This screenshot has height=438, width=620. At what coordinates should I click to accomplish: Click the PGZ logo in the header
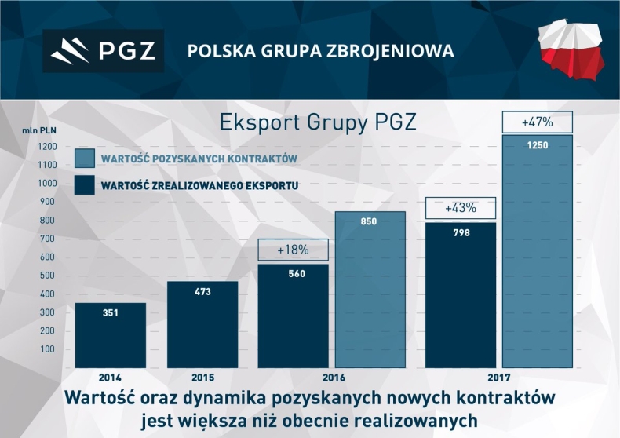tap(103, 51)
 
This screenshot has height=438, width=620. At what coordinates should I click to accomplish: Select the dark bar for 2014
tap(110, 335)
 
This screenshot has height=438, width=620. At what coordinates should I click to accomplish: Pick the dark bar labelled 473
tap(202, 324)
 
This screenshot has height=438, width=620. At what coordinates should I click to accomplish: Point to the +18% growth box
tap(293, 250)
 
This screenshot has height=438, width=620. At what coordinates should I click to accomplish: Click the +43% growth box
tap(461, 209)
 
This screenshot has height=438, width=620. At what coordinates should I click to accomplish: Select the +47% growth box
tap(538, 122)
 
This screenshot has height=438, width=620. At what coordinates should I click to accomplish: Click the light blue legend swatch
tap(85, 159)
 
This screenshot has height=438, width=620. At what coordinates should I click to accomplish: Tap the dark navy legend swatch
tap(85, 185)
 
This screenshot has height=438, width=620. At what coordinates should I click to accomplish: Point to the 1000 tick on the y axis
tap(46, 183)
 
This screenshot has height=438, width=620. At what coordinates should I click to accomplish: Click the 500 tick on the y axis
tap(46, 276)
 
